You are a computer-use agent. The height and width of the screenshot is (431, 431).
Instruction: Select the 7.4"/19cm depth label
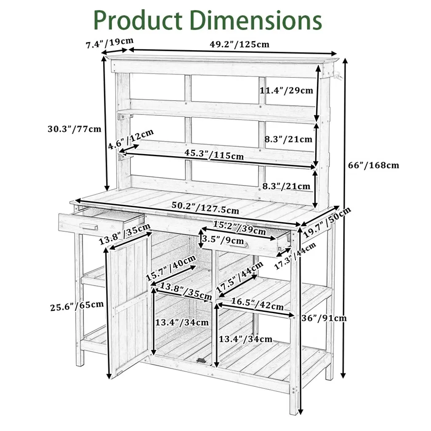click(x=110, y=43)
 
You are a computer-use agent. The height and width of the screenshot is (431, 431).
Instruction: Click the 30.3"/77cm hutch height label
click(x=74, y=129)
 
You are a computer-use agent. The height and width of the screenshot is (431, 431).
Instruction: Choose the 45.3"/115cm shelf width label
click(x=214, y=154)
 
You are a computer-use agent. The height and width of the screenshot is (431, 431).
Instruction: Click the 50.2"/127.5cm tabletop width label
click(x=205, y=208)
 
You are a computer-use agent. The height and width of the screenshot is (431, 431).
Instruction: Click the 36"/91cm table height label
click(x=324, y=318)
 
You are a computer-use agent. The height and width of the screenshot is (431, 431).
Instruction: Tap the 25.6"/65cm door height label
click(x=76, y=304)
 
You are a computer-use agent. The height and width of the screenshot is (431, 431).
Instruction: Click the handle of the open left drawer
click(x=89, y=227)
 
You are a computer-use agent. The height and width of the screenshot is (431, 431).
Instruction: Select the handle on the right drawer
click(x=245, y=246)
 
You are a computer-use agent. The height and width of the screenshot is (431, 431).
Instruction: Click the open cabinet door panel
click(x=128, y=303)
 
